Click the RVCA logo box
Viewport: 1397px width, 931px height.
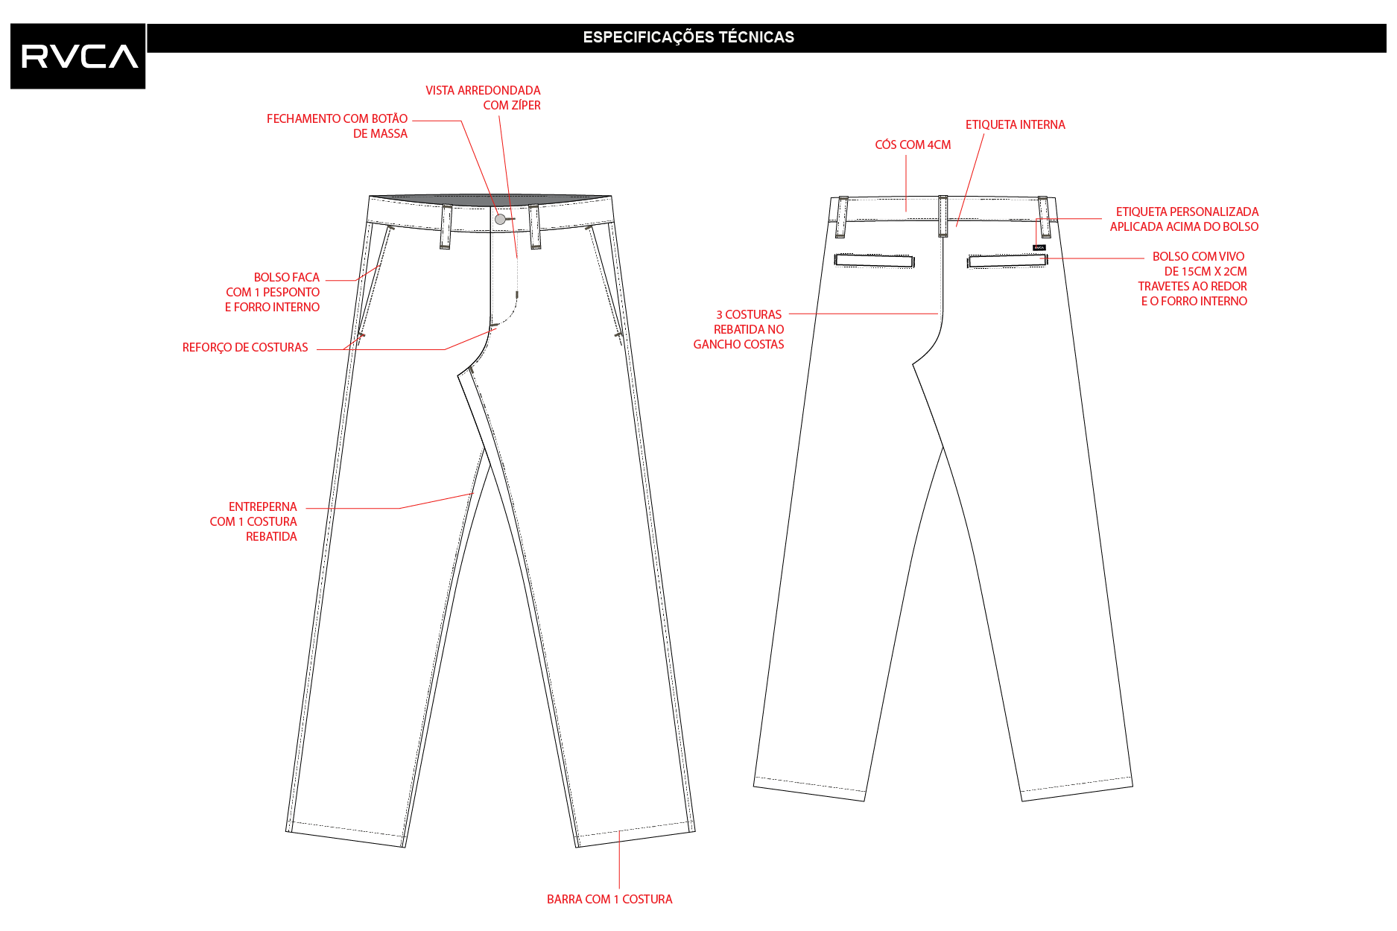pos(78,56)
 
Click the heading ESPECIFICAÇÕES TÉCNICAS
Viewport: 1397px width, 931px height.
pos(688,37)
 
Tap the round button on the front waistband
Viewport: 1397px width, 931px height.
pos(501,219)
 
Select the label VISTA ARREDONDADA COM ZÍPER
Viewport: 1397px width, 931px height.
pos(483,98)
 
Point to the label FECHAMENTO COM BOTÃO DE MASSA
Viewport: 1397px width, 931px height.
pos(337,126)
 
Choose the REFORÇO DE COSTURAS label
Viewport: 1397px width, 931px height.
pos(245,347)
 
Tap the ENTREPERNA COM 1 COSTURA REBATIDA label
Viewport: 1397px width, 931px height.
pos(253,521)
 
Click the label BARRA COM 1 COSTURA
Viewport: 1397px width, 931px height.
pos(609,899)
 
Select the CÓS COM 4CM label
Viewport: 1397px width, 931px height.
pos(913,144)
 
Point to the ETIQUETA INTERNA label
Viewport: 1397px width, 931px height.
pos(1015,124)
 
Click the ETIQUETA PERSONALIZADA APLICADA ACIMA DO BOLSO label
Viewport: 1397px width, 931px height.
pos(1184,219)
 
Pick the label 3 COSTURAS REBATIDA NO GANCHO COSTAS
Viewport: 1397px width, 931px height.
pos(738,329)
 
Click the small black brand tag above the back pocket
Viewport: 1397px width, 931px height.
pos(1039,247)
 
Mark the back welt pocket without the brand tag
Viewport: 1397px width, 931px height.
pos(875,261)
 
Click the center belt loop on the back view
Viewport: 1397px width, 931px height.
pos(943,216)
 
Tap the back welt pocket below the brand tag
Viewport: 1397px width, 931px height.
pos(1007,261)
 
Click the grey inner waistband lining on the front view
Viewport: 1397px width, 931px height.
pos(491,200)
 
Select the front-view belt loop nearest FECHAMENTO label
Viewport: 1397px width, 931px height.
pos(446,226)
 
